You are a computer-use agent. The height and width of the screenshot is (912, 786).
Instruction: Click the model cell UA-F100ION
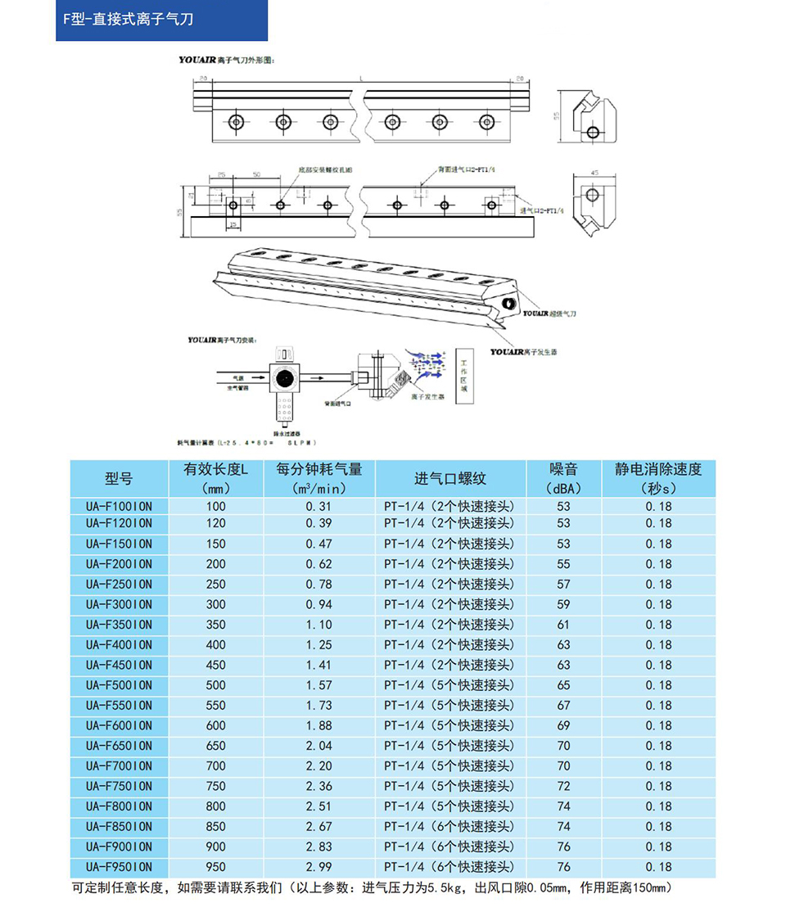click(x=119, y=507)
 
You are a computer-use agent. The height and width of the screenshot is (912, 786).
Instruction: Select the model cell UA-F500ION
click(x=119, y=685)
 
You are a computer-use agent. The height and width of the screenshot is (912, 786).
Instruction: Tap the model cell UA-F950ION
click(x=119, y=867)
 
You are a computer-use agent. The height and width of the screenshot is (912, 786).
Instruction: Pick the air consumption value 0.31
click(x=318, y=507)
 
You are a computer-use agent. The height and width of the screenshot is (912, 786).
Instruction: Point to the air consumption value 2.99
click(x=318, y=867)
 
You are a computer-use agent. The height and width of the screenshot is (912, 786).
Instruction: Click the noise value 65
click(x=563, y=685)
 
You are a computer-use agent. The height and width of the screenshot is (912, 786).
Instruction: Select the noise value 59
click(x=563, y=604)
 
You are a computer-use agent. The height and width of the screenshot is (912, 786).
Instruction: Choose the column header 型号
click(x=119, y=479)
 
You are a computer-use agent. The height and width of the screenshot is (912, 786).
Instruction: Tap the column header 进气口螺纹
click(x=450, y=479)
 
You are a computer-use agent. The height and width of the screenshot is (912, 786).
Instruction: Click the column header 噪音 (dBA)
click(x=563, y=479)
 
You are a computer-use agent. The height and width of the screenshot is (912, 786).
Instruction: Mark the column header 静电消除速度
click(x=658, y=471)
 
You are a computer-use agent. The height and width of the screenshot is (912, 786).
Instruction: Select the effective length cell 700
click(x=215, y=765)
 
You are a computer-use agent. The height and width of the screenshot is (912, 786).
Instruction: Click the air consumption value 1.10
click(x=318, y=625)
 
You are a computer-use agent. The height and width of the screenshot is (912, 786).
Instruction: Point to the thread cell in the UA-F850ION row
click(x=450, y=827)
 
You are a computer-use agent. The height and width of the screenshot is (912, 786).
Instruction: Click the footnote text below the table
click(x=373, y=888)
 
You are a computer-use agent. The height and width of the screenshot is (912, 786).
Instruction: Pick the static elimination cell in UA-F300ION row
click(x=658, y=604)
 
